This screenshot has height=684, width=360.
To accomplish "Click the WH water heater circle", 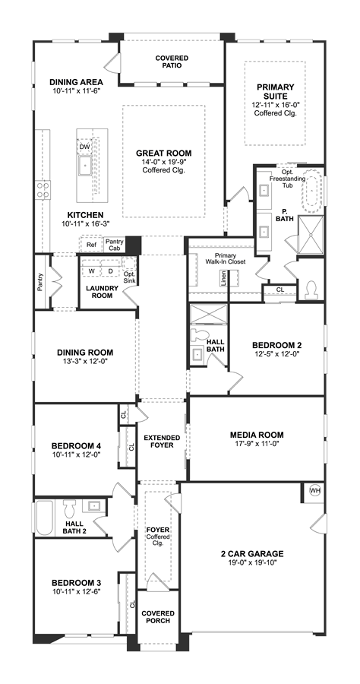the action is tap(314, 490).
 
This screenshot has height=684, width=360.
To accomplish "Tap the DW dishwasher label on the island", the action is tap(84, 147).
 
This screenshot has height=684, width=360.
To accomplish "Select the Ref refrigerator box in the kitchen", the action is tap(91, 245).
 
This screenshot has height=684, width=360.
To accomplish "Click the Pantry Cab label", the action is tap(115, 245).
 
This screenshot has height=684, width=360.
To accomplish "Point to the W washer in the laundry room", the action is tap(92, 271).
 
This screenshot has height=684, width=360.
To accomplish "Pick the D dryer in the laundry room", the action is tap(110, 271).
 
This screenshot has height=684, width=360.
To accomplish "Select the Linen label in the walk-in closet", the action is tap(223, 277).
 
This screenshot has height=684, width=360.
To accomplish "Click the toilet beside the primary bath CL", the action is tap(311, 290).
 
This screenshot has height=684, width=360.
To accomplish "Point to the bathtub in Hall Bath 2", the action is tap(44, 518).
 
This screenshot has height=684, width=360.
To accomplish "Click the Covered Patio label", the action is tap(172, 62).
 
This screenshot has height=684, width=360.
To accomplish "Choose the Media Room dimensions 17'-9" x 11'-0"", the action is tap(257, 444).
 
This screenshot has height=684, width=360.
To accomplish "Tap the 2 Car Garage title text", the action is tap(252, 554).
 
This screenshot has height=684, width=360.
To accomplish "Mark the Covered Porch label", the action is tap(158, 617).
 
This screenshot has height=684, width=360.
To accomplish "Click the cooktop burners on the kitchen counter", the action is tap(43, 190).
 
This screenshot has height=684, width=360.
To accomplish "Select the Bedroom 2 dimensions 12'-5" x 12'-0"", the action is tap(276, 353).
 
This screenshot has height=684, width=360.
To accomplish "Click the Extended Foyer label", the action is tap(162, 442).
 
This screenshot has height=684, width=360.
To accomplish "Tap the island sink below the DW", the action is tap(84, 166).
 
